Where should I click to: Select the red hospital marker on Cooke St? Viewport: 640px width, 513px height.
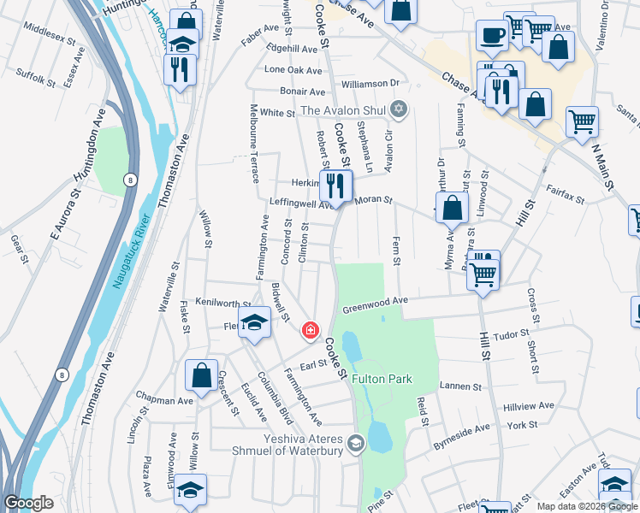(x=310, y=330)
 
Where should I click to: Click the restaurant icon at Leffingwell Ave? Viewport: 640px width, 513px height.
(x=335, y=184)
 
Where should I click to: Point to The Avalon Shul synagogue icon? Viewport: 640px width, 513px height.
(x=397, y=109)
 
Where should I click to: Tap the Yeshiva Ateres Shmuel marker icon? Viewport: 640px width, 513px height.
(x=356, y=442)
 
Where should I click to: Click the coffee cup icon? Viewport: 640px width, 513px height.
(x=490, y=35)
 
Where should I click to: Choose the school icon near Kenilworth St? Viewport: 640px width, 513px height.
(x=253, y=321)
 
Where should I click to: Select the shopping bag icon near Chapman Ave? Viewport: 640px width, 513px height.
(x=201, y=374)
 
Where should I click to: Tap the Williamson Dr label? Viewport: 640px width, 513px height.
(x=370, y=84)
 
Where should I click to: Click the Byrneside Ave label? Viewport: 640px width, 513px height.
(x=461, y=434)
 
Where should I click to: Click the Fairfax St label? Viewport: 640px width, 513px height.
(x=565, y=198)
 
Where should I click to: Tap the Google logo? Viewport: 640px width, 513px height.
(x=28, y=503)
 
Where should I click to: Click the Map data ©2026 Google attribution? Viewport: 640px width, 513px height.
(x=586, y=506)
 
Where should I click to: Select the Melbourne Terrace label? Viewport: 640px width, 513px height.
(x=255, y=144)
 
